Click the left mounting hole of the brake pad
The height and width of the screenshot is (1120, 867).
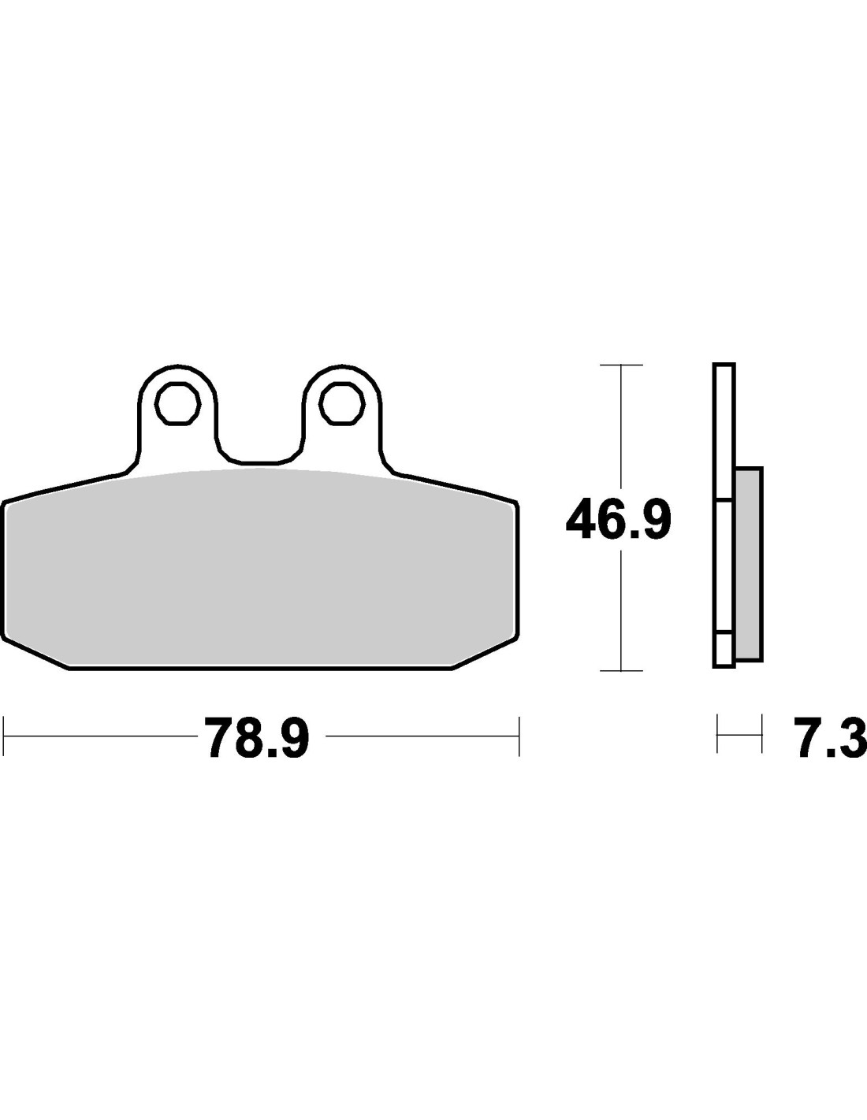click(178, 403)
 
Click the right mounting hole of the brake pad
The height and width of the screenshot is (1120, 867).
click(342, 403)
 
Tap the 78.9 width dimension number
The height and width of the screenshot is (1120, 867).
click(257, 737)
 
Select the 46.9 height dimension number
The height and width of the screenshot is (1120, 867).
click(619, 519)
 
